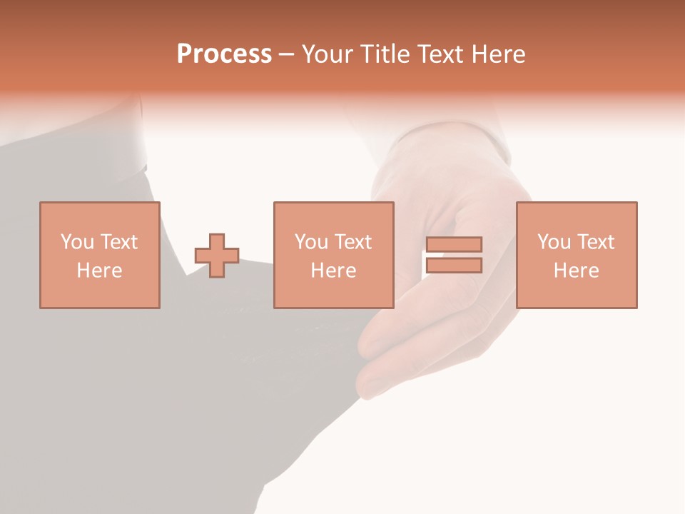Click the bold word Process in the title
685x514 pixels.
224,54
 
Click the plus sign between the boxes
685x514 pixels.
217,256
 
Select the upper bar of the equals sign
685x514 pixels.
454,244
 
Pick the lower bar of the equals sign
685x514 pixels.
454,266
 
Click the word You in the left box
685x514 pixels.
77,242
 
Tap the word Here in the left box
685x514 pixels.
99,271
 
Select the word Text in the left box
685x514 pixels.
118,242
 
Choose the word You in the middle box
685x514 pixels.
311,242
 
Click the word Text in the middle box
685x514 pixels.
352,242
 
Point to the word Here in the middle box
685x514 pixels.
333,271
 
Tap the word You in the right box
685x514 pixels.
554,242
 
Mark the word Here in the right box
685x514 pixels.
576,271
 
